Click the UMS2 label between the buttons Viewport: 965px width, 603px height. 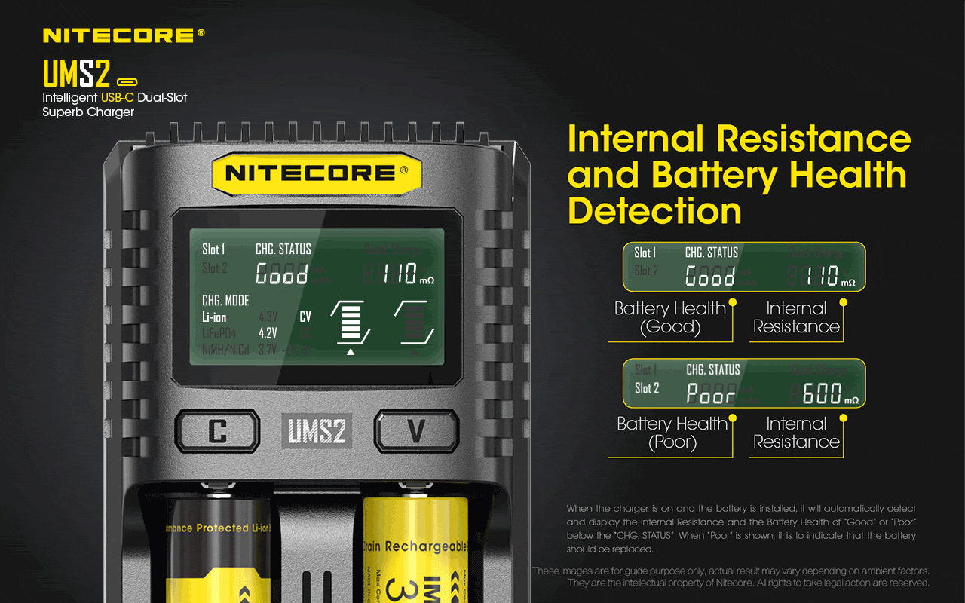click(317, 431)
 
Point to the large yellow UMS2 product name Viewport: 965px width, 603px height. click(77, 74)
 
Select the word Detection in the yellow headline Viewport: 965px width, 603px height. click(654, 210)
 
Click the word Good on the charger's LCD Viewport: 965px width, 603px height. click(282, 274)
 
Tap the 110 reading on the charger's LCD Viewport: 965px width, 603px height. click(399, 274)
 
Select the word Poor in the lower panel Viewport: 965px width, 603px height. click(710, 393)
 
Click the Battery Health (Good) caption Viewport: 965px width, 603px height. click(669, 317)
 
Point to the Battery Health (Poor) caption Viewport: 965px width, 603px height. click(672, 433)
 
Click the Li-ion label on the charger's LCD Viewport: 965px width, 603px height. click(214, 317)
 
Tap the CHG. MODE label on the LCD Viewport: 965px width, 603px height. click(225, 301)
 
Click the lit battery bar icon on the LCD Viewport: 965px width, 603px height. click(351, 323)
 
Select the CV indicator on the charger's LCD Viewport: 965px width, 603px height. click(305, 317)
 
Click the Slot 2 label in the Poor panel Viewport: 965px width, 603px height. click(647, 388)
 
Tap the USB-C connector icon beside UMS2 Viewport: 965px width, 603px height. click(126, 81)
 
